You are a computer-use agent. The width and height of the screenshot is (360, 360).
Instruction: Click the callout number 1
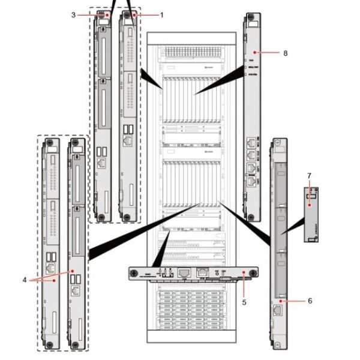[x=161, y=13]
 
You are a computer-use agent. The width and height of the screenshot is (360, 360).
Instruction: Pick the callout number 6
[x=310, y=300]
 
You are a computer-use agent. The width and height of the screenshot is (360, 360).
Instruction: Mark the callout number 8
[x=285, y=53]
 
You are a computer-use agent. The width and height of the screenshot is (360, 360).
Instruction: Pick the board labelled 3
[x=103, y=114]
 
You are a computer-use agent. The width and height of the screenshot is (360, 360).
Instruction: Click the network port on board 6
[x=280, y=311]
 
